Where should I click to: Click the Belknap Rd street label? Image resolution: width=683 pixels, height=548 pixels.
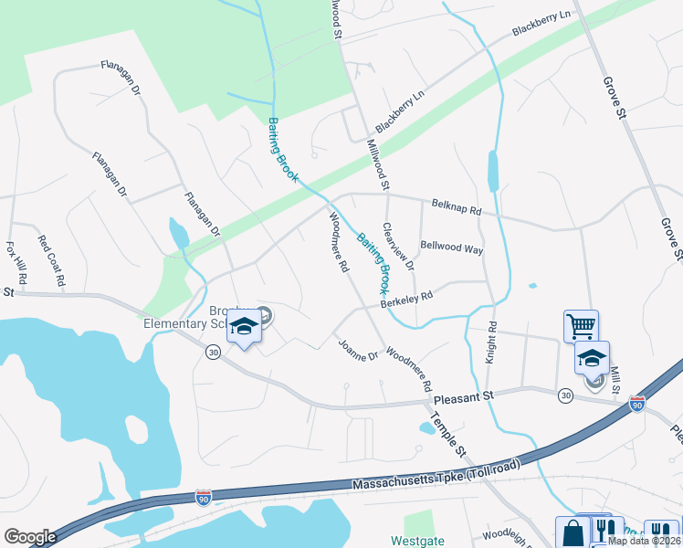tap(457, 209)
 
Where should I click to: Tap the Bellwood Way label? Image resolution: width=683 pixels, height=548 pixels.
tap(451, 248)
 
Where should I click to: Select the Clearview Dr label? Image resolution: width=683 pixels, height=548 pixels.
tap(399, 247)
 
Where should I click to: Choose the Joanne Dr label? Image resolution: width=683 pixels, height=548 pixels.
tap(358, 349)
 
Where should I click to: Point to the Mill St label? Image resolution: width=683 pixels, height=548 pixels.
tap(615, 380)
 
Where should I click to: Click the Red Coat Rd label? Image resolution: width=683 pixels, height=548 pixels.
tap(50, 261)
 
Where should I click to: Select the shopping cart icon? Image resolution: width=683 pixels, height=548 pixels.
tap(581, 324)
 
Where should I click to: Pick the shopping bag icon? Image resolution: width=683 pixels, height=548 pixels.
tap(573, 532)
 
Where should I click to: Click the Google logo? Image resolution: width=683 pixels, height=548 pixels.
tap(30, 536)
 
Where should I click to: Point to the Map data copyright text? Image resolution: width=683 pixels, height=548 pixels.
tap(644, 541)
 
